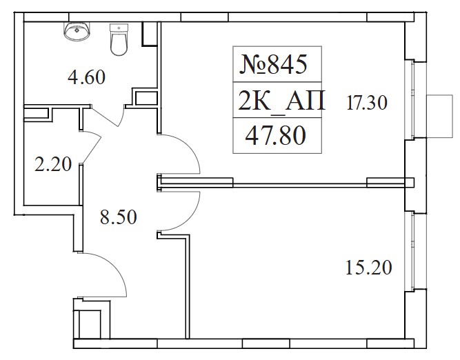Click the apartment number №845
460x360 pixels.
pyautogui.click(x=273, y=64)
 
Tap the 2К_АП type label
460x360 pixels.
pyautogui.click(x=281, y=101)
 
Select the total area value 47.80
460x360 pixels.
pyautogui.click(x=275, y=135)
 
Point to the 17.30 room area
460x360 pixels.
pyautogui.click(x=367, y=103)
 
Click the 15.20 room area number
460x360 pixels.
pyautogui.click(x=369, y=268)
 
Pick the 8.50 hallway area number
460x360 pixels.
pyautogui.click(x=118, y=217)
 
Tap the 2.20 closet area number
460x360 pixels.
pyautogui.click(x=53, y=164)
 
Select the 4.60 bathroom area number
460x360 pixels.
pyautogui.click(x=86, y=77)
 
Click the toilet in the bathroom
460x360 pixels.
pyautogui.click(x=119, y=39)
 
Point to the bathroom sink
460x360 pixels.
pyautogui.click(x=77, y=32)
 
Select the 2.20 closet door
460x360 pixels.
pyautogui.click(x=91, y=147)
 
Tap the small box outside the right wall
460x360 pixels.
pyautogui.click(x=439, y=116)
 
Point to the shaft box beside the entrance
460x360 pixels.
pyautogui.click(x=90, y=320)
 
